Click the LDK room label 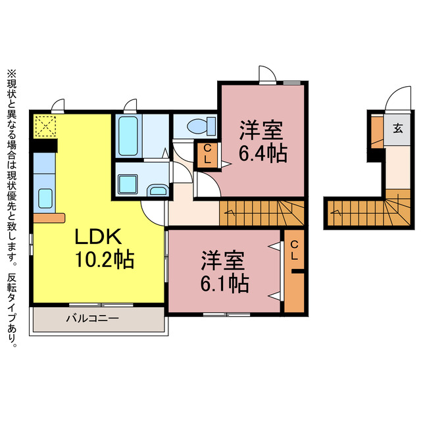pos(98,236)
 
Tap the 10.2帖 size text pos(105,259)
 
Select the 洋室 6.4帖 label pos(263,142)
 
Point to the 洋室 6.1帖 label pos(224,272)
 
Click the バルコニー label pos(92,318)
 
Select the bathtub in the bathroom pos(128,136)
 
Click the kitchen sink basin pos(45,198)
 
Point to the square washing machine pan pos(128,184)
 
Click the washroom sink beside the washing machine pos(158,190)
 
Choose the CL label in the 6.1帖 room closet pos(294,250)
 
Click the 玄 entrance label pos(397,129)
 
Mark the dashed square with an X pos(45,126)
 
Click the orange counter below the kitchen pos(49,218)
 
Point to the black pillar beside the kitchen pos(44,145)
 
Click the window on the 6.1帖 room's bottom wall pos(226,314)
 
